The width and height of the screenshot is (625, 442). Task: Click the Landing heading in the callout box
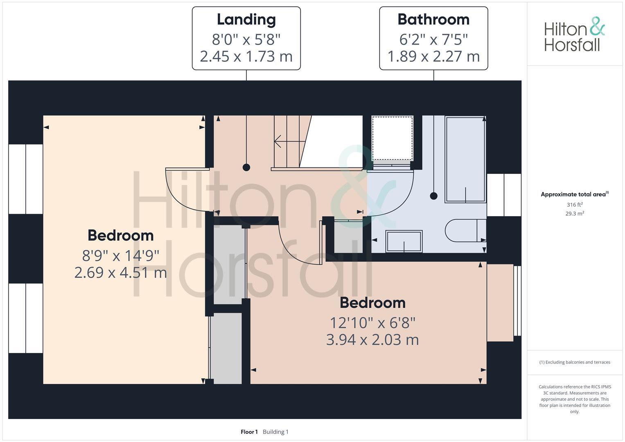246,20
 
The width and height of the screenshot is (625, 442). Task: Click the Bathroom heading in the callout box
433,20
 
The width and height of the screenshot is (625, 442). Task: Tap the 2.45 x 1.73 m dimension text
246,56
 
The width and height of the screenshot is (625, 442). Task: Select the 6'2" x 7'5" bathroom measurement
433,40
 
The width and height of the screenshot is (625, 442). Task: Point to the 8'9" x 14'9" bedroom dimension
120,256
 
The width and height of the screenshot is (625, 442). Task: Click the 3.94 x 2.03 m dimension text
372,340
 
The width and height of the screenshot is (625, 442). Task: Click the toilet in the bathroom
465,230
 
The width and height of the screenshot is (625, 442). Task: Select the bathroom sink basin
404,241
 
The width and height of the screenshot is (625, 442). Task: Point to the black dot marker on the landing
246,167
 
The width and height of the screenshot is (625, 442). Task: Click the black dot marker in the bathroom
434,196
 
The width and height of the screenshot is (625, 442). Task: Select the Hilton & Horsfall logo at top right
574,34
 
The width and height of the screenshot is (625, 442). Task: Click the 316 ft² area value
574,205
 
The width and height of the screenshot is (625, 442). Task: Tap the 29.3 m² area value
574,213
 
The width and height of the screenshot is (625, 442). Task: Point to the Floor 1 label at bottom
249,432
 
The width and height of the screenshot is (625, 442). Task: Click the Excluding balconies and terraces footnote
575,362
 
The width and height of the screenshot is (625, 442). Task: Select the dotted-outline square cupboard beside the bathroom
392,138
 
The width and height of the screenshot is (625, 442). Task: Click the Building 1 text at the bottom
275,432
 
